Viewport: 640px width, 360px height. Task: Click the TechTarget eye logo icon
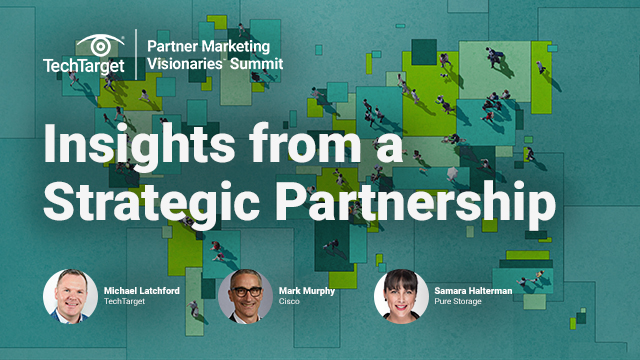(x=98, y=44)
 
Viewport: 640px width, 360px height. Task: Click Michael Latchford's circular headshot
(x=70, y=295)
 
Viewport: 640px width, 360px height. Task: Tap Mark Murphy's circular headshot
(x=245, y=295)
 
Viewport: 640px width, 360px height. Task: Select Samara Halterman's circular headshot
(x=401, y=295)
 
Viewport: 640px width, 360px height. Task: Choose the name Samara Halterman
(x=473, y=290)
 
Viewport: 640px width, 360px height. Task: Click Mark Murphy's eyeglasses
(x=245, y=287)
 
